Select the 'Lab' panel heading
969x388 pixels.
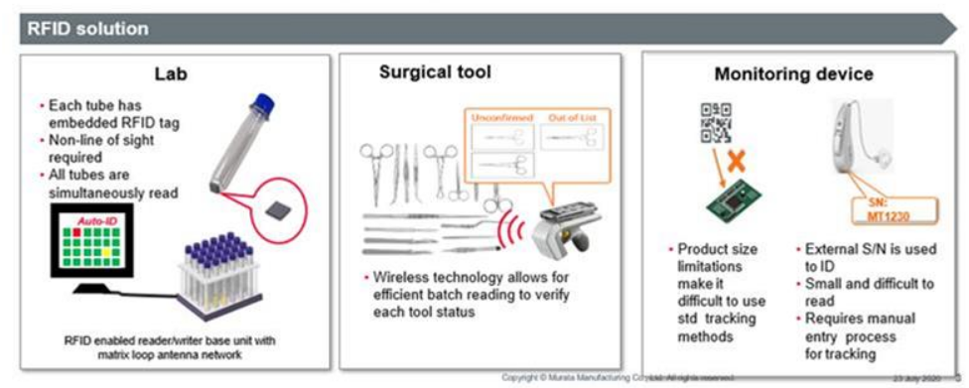click(x=171, y=74)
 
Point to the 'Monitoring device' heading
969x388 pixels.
click(x=794, y=74)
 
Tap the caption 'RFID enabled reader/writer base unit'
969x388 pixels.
click(x=162, y=339)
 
